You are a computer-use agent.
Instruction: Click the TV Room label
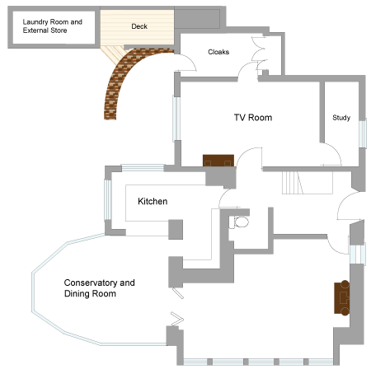[x=253, y=118]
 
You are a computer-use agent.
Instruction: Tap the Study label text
[x=341, y=118]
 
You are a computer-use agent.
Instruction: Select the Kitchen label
[x=153, y=201]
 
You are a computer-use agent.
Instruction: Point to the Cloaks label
[x=218, y=52]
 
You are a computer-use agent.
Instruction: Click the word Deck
[x=139, y=26]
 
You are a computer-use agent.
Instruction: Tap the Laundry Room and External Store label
[x=52, y=26]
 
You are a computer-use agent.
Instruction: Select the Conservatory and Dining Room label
[x=99, y=288]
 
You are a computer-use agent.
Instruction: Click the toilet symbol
[x=239, y=222]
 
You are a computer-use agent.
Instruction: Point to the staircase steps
[x=293, y=183]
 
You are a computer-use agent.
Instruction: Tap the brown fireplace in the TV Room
[x=218, y=161]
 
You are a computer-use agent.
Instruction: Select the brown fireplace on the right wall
[x=342, y=297]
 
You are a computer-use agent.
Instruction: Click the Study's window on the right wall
[x=363, y=133]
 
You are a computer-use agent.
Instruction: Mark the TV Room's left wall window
[x=176, y=119]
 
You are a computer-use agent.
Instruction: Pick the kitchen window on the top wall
[x=143, y=167]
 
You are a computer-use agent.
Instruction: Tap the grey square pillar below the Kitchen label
[x=176, y=229]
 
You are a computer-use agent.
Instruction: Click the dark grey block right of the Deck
[x=197, y=19]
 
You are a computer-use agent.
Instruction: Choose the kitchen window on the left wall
[x=107, y=199]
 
